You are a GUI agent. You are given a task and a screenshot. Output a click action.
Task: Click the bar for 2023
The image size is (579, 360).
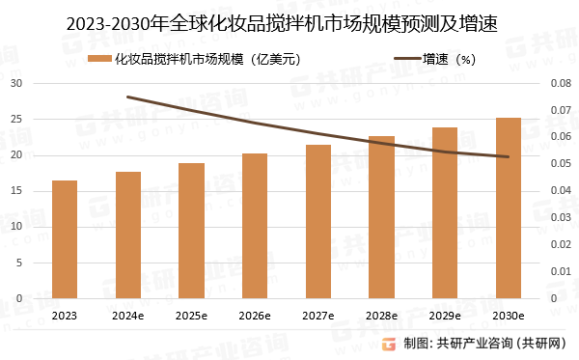pyautogui.click(x=65, y=239)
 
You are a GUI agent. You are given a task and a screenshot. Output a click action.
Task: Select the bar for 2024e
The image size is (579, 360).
pyautogui.click(x=128, y=235)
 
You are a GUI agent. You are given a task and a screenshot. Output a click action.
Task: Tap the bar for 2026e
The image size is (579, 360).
pyautogui.click(x=255, y=226)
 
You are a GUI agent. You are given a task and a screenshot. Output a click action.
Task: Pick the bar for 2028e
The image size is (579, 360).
pyautogui.click(x=382, y=217)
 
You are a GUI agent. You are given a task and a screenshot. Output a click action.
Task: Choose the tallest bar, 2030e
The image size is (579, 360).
pyautogui.click(x=509, y=208)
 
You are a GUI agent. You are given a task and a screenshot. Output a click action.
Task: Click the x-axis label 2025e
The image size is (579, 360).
pyautogui.click(x=191, y=316)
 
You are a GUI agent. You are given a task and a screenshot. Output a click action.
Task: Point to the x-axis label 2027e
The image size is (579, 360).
pyautogui.click(x=318, y=316)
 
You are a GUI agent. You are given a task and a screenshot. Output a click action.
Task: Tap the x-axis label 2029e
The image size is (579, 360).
pyautogui.click(x=445, y=316)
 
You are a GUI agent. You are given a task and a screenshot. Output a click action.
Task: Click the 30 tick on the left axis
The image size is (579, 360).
pyautogui.click(x=16, y=84)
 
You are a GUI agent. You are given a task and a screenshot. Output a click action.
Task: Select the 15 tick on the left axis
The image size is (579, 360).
pyautogui.click(x=16, y=191)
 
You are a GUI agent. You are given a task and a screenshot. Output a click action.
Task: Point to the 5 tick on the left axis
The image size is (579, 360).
pyautogui.click(x=19, y=263)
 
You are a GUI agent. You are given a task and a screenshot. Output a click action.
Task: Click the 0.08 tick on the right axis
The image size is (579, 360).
pyautogui.click(x=561, y=84)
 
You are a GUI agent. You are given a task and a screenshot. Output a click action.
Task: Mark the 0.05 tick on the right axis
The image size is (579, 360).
pyautogui.click(x=561, y=164)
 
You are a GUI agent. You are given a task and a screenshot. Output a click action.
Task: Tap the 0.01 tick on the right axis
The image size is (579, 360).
pyautogui.click(x=561, y=271)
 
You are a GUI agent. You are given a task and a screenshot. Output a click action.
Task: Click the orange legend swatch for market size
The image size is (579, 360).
pyautogui.click(x=97, y=60)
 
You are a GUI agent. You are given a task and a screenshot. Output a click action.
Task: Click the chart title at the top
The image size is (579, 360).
pyautogui.click(x=289, y=21)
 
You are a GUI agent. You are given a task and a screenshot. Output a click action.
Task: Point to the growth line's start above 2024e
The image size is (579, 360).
pyautogui.click(x=128, y=97)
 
